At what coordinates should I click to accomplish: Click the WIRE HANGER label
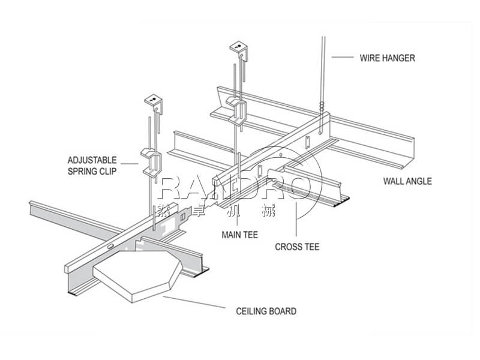coord(387,58)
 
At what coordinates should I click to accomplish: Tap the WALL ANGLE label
coord(407,181)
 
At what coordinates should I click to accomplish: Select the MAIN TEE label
coord(239,235)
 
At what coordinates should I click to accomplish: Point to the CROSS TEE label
coord(297,246)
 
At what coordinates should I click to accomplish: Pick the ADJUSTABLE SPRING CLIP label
coord(92,166)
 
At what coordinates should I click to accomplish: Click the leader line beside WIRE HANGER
coord(341,57)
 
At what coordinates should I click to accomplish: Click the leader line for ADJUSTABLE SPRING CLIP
coord(131,163)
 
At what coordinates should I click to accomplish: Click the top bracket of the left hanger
coord(154,103)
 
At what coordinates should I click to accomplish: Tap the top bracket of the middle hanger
coord(239,49)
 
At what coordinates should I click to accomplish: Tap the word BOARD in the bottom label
coord(283,311)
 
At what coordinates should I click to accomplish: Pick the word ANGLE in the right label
coord(418,181)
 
